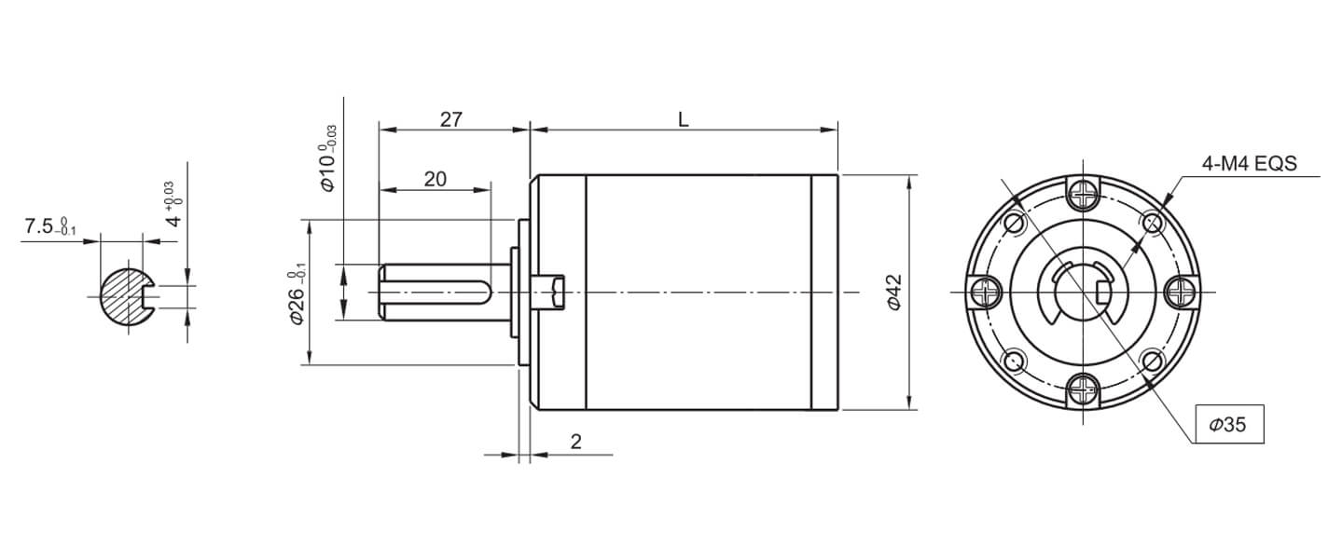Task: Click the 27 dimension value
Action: [451, 119]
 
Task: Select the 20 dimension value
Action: [435, 180]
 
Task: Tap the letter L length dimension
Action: [684, 119]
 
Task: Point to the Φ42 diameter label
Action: [892, 292]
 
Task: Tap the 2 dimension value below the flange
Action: [575, 443]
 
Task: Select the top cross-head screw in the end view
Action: [1083, 194]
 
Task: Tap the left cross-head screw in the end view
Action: [984, 293]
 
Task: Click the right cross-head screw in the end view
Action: [1182, 293]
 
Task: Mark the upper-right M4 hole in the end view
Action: [1152, 223]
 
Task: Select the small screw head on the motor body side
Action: [554, 292]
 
